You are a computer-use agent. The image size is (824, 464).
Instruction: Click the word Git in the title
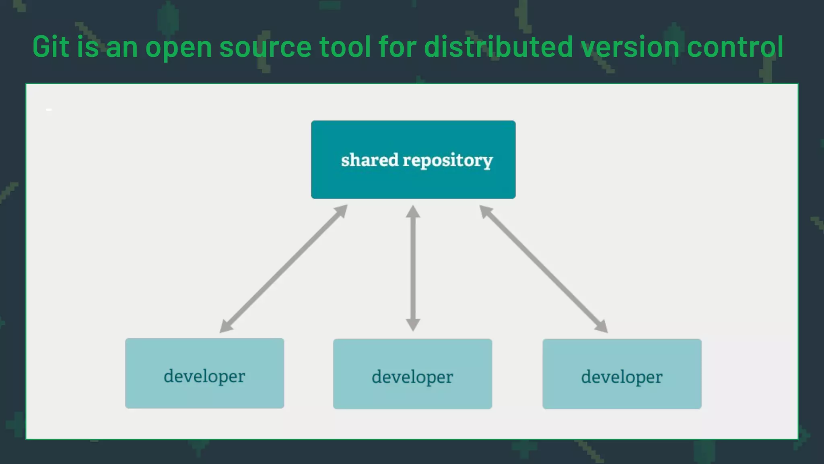coord(51,47)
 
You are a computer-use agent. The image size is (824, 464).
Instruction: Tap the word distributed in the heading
coord(498,47)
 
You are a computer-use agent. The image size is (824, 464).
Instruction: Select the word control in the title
coord(735,47)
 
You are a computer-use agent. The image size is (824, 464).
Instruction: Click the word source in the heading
coord(265,47)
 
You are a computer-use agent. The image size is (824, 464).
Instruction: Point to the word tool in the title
coord(345,47)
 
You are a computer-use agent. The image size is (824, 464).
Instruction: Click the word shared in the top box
coord(369,160)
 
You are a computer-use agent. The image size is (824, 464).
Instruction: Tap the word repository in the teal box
coord(447,161)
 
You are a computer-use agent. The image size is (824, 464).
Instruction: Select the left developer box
coord(204,373)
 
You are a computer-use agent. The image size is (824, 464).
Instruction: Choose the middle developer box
coord(412,374)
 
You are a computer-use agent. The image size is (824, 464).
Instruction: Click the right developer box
coord(622,374)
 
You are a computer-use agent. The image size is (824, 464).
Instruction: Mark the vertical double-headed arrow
coord(413,268)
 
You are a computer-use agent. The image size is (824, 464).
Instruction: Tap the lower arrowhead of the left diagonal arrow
coord(226,327)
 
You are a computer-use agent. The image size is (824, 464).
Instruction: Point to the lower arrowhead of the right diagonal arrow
coord(602,327)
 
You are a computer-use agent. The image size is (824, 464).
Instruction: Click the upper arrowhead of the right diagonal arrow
coord(486,211)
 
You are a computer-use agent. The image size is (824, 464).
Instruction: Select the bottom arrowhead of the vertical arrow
coord(413,325)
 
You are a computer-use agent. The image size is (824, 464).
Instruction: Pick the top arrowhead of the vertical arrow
coord(413,211)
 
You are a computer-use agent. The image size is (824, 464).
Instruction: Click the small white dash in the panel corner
coord(49,110)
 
